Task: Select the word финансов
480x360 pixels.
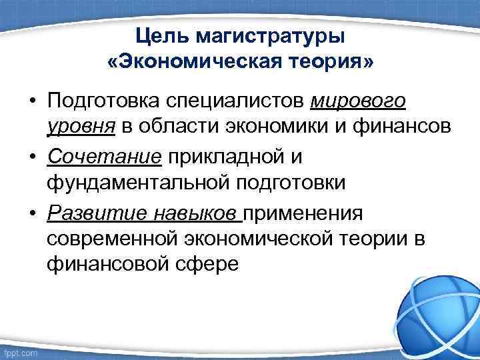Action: pos(384,127)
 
